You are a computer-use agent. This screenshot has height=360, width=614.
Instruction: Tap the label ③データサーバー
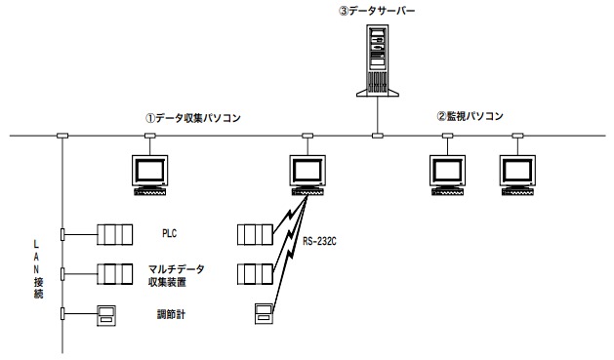[x=378, y=11]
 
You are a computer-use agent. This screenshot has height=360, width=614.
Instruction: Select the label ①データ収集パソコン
[x=192, y=118]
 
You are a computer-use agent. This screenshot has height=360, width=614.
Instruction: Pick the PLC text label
[x=168, y=234]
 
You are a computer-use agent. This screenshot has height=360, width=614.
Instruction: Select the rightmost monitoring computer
[x=518, y=174]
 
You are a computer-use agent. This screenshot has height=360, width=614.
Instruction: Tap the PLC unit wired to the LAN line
[x=113, y=234]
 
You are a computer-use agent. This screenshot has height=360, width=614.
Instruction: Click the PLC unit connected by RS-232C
[x=255, y=234]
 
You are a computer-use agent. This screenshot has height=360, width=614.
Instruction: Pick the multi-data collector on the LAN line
[x=113, y=273]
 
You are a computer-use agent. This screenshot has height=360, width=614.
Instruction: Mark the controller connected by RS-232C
[x=263, y=313]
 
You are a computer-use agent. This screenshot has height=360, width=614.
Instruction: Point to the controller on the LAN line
[x=107, y=313]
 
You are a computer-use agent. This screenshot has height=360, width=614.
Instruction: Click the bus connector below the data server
[x=377, y=136]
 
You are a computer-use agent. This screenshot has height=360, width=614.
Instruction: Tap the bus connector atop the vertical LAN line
[x=62, y=136]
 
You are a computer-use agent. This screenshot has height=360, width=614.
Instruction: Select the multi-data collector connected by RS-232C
[x=255, y=273]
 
